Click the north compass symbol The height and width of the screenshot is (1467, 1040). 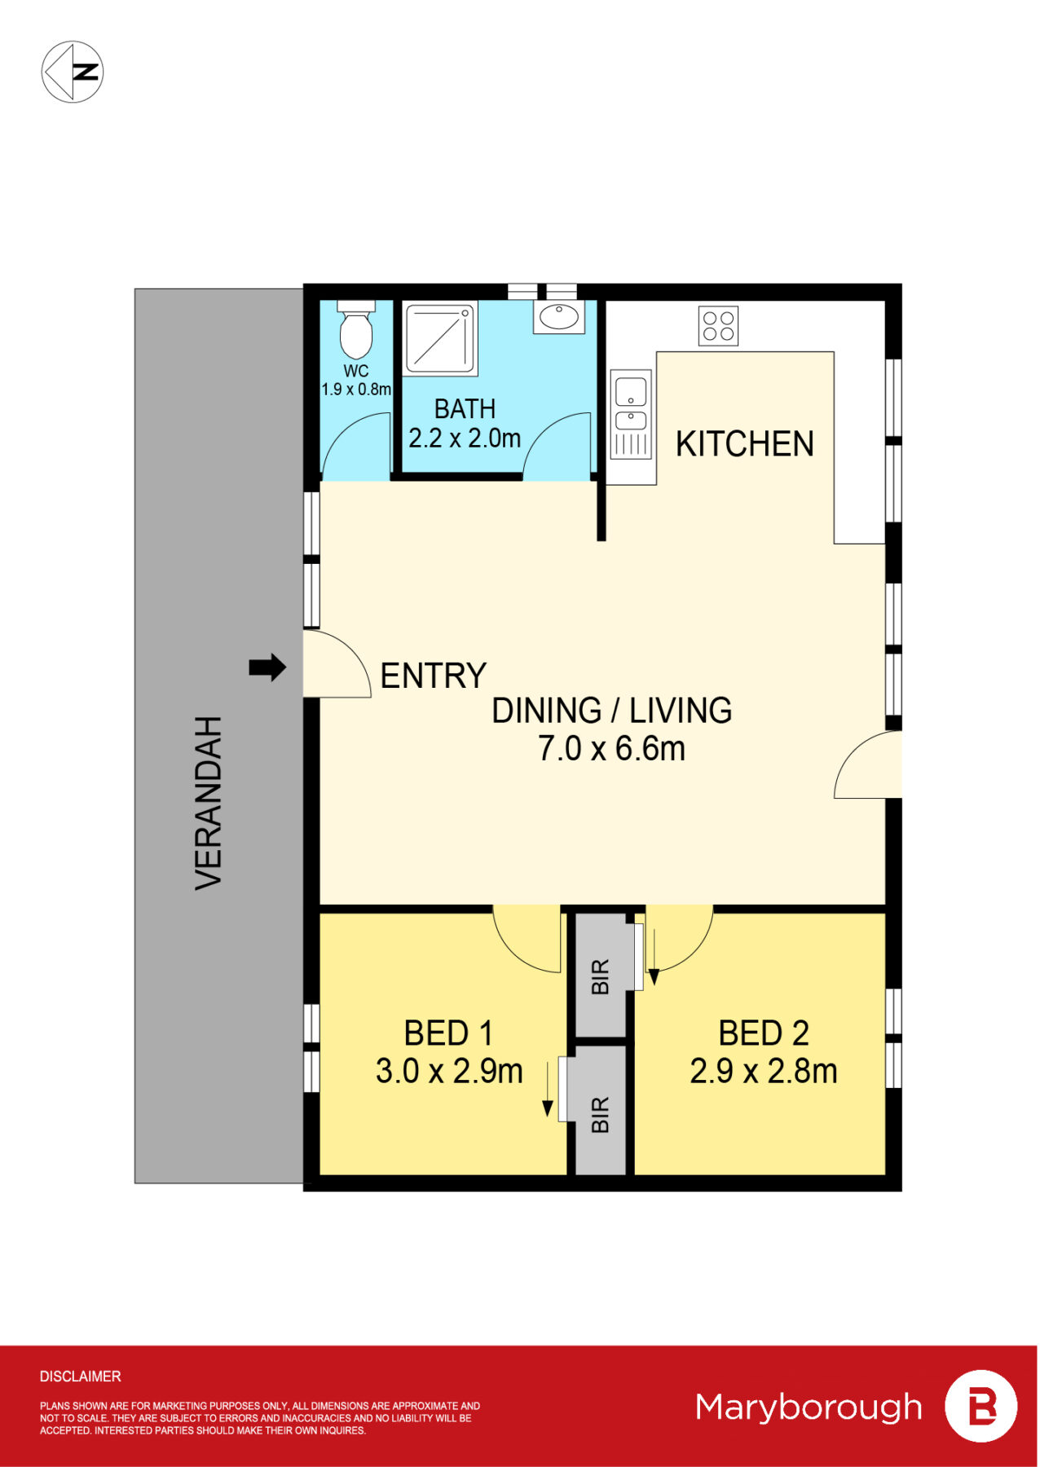[x=73, y=72]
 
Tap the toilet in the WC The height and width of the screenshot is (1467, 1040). [x=356, y=329]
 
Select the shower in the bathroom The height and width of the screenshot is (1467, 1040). [x=440, y=339]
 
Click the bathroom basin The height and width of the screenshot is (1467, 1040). [x=559, y=317]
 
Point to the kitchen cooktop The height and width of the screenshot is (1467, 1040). [x=718, y=326]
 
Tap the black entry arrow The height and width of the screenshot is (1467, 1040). [x=267, y=667]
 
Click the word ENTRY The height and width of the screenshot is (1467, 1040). [x=434, y=676]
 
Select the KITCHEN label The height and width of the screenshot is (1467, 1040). [x=745, y=444]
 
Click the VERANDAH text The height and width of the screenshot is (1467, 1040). [x=209, y=803]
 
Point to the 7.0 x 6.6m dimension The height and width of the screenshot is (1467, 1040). [x=611, y=748]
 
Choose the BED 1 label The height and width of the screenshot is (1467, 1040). [x=449, y=1033]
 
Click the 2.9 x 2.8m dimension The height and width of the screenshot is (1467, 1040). [x=764, y=1071]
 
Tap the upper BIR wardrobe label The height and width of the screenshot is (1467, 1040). [x=601, y=976]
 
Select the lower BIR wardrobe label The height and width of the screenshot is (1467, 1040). [x=601, y=1115]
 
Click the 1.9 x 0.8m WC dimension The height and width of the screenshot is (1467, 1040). [x=356, y=390]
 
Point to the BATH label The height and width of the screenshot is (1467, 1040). [x=465, y=408]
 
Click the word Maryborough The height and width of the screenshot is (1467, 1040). [x=809, y=1407]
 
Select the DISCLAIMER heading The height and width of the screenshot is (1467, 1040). [x=81, y=1377]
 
